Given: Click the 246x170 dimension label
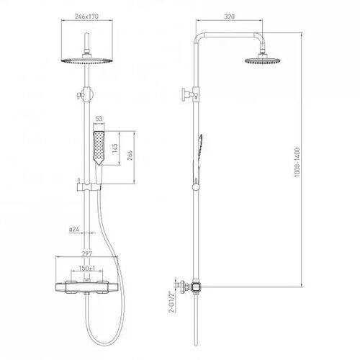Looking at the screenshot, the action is (x=86, y=17).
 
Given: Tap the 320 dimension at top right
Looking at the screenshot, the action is (x=230, y=17).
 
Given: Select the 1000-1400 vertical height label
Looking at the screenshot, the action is (x=297, y=163).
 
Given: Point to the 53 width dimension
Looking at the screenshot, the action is (x=99, y=119).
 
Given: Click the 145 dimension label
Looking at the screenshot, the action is (x=114, y=148).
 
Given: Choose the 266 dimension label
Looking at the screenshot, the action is (x=130, y=156).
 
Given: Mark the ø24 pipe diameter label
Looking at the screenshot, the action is (x=74, y=230).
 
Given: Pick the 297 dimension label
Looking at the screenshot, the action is (x=87, y=253).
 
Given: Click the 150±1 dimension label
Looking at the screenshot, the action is (x=87, y=268).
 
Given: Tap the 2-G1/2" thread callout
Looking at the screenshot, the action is (x=171, y=302).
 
